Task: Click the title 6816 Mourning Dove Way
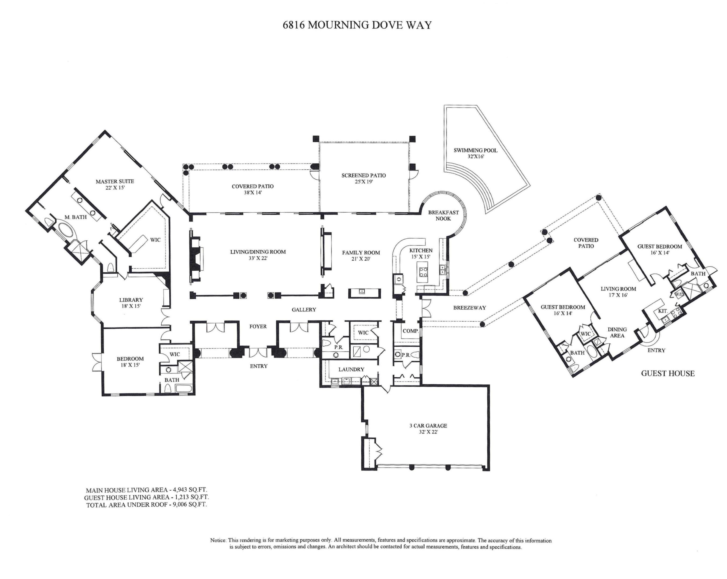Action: (x=357, y=25)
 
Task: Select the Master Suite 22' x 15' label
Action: (x=115, y=184)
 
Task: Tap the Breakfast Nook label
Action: (x=443, y=216)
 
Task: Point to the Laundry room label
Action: (x=351, y=370)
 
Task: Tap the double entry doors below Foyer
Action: (x=258, y=353)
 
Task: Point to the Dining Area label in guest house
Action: (x=617, y=332)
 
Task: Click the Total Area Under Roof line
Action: (x=146, y=505)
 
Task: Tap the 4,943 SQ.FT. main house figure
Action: (x=190, y=490)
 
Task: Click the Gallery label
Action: (x=304, y=310)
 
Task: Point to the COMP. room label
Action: (x=410, y=331)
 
